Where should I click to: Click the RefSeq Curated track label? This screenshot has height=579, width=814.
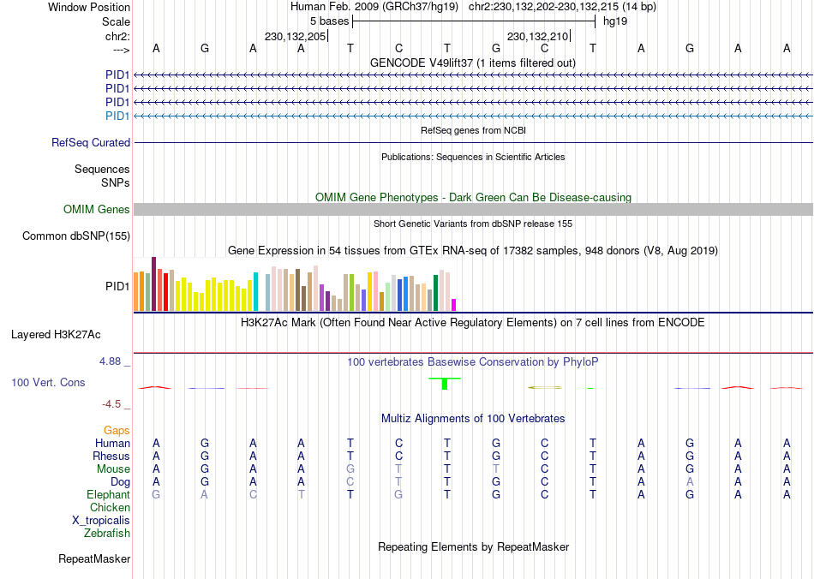click(91, 143)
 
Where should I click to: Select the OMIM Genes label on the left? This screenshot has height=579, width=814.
click(97, 210)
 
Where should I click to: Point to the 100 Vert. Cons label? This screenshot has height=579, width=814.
click(48, 382)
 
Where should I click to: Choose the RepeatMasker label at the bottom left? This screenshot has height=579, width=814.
click(94, 559)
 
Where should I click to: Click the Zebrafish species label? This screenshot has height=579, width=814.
click(107, 534)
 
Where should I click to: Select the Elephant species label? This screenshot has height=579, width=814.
click(108, 495)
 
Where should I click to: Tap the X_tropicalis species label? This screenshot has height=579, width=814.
click(101, 521)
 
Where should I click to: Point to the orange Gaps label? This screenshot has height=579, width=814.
click(117, 430)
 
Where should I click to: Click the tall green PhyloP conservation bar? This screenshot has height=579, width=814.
click(444, 384)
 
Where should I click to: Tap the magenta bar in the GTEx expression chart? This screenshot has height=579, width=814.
click(454, 304)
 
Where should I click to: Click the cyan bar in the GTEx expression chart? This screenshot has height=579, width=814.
click(255, 291)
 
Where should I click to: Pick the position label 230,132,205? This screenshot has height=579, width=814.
click(296, 37)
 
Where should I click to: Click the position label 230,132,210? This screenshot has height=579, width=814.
click(538, 37)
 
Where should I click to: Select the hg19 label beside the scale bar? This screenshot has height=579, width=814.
click(615, 20)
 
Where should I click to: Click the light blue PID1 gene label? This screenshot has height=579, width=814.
click(117, 116)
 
